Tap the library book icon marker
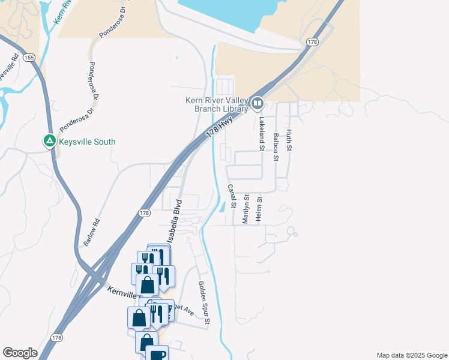[258, 104]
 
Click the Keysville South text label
[87, 142]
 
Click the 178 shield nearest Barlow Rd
[143, 213]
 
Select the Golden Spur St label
[203, 303]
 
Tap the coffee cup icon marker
[157, 355]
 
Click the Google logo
[20, 353]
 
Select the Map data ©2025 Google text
[411, 355]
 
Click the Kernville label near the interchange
[123, 292]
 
